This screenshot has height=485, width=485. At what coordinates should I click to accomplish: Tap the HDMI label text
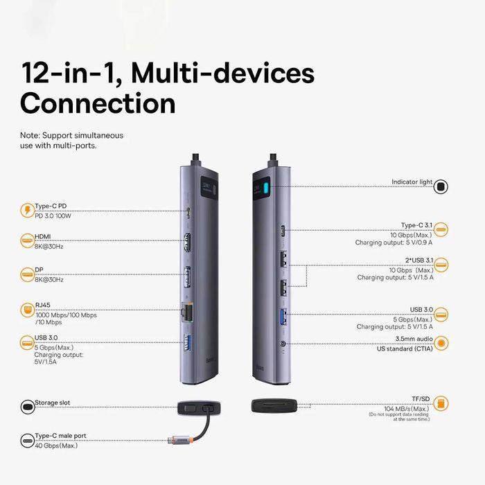pos(43,237)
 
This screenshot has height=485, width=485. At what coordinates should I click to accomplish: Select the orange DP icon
pos(26,274)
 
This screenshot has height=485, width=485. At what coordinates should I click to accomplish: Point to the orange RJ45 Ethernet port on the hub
pos(186,312)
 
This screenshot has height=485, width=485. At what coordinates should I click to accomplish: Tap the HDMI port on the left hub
pos(187,245)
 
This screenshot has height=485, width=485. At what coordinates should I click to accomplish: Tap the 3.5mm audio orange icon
pos(441,342)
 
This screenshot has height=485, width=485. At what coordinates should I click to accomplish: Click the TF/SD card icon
pos(441,403)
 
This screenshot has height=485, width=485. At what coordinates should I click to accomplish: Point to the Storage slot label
pos(52,403)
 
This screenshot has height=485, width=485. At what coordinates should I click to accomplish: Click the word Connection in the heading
pos(98,103)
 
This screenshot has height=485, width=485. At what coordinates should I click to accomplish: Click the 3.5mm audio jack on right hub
pos(283,342)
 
